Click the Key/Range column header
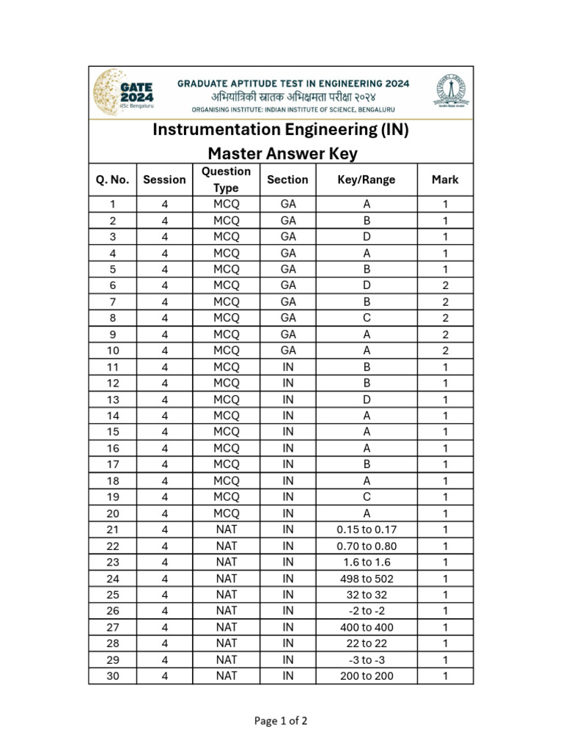[x=367, y=180]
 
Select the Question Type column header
[x=226, y=180]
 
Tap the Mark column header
[x=445, y=180]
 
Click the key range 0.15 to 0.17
[x=367, y=530]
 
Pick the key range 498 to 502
[x=367, y=579]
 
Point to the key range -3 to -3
[x=367, y=660]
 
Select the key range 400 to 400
[x=367, y=627]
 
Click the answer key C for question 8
[x=367, y=318]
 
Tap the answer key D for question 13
[x=367, y=400]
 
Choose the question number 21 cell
[x=112, y=530]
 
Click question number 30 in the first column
[x=112, y=676]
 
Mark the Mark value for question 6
[x=445, y=285]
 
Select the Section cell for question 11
[x=288, y=367]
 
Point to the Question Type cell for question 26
[x=226, y=611]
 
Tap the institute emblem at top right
[x=452, y=92]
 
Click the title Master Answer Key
[x=281, y=153]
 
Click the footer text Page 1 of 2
[x=281, y=721]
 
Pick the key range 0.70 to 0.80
[x=367, y=546]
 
